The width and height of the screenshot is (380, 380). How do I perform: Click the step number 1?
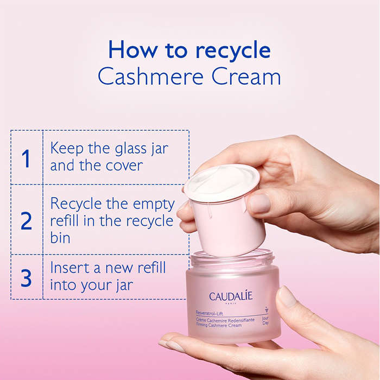pos(26,159)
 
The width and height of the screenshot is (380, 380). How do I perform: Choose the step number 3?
pos(26,277)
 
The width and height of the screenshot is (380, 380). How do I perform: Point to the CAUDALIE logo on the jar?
pos(231,297)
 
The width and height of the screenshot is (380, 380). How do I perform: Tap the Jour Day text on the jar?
pos(265,320)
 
